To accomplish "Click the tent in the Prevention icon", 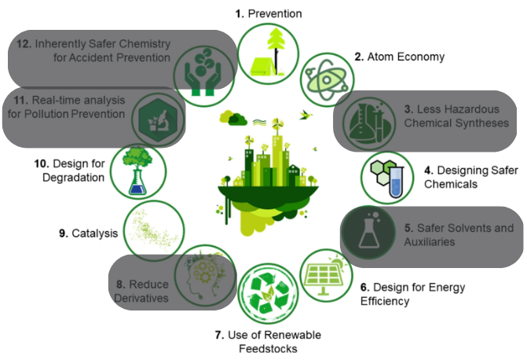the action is point(263,67).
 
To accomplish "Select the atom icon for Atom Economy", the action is point(327,80).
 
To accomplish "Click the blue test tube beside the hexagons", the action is point(396,182).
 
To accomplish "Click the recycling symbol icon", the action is point(268,293).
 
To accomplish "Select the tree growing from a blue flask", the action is point(137,171).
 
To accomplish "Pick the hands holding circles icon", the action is point(203,72).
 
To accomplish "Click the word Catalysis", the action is point(95,233).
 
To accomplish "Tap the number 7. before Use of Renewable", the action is point(219,335).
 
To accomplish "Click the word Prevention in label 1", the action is point(275,14).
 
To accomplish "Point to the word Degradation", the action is point(73,178).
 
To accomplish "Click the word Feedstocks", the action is point(268,348).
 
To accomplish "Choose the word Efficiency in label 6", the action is point(385,301).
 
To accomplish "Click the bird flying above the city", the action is point(306,115).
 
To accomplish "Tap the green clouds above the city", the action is point(233,118).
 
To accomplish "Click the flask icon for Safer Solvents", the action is point(369,232).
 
